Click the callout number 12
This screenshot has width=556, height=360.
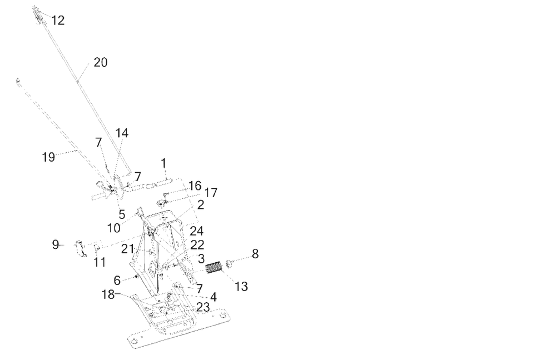pyautogui.click(x=58, y=21)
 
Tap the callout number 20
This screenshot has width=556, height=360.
pyautogui.click(x=101, y=62)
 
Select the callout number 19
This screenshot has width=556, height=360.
pyautogui.click(x=49, y=157)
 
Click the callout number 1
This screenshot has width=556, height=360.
pyautogui.click(x=163, y=163)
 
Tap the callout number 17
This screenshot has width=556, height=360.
pyautogui.click(x=211, y=192)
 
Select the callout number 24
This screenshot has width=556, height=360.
pyautogui.click(x=196, y=230)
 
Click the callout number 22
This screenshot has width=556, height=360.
pyautogui.click(x=196, y=244)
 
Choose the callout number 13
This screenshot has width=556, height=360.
pyautogui.click(x=241, y=287)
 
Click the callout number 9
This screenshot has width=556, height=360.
pyautogui.click(x=55, y=244)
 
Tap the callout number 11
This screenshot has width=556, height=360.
pyautogui.click(x=99, y=262)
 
